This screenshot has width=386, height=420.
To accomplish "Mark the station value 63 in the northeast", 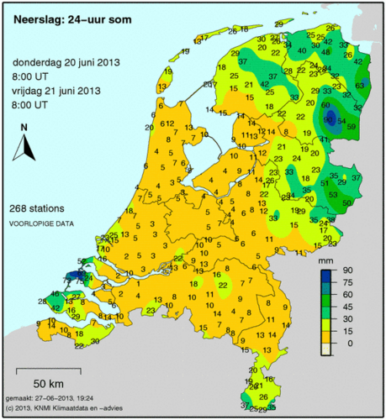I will [361, 84].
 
